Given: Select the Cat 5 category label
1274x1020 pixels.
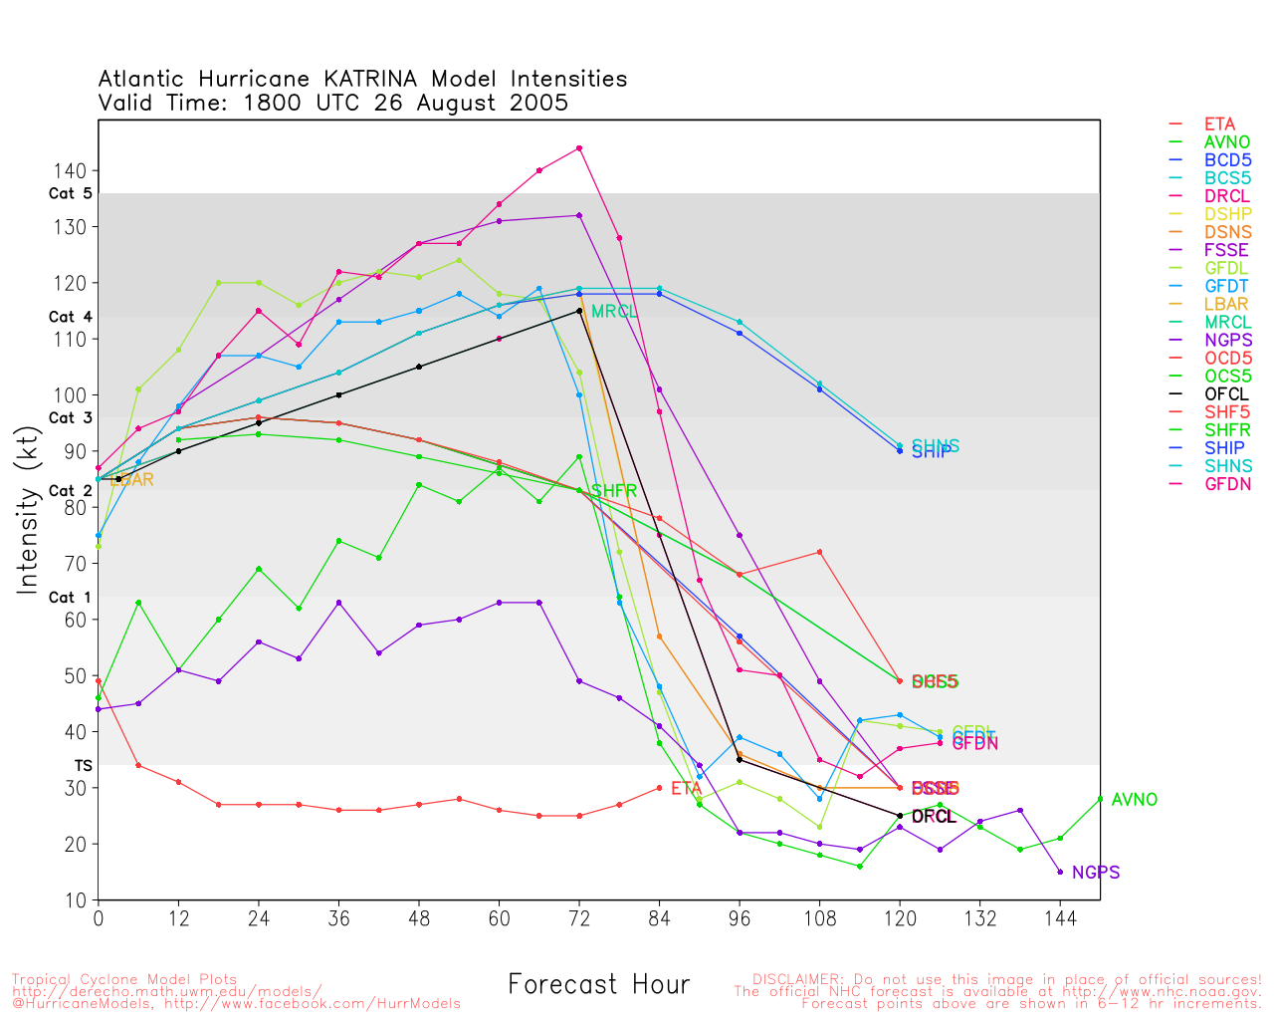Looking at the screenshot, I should point(70,194).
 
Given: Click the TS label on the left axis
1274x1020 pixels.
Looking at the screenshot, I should point(83,766).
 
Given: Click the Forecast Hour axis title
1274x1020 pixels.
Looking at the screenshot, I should point(598,985).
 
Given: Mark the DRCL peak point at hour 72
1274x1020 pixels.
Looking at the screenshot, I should point(579,148).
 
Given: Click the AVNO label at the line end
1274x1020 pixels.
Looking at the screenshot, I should point(1134,800).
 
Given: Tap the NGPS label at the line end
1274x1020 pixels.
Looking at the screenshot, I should point(1096,873).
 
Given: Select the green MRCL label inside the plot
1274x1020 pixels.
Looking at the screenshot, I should point(614,312).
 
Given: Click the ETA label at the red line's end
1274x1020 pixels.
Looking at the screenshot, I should point(686,789).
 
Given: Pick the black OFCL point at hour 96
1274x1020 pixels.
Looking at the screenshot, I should point(740,760).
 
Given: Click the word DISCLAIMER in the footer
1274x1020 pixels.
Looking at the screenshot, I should point(794,979).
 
